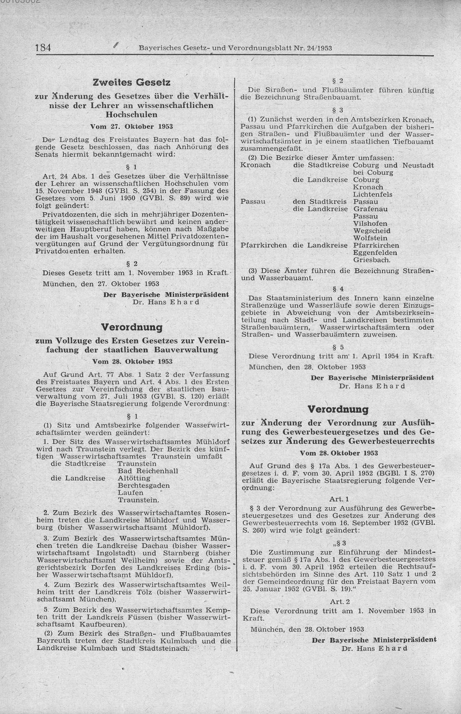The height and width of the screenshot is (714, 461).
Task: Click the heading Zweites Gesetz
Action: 131,83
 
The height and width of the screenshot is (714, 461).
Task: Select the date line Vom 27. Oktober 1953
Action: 131,126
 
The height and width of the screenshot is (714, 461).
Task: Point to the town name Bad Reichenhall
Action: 148,471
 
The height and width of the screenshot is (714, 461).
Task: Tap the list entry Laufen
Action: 130,493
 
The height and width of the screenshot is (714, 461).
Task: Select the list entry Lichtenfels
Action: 372,195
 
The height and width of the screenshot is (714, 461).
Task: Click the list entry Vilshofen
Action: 369,224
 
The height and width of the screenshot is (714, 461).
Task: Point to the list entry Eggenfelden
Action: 374,253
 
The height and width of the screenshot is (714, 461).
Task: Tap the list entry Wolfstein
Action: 370,238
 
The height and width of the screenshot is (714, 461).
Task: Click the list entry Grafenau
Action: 370,209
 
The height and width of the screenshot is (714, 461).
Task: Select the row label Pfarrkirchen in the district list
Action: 263,245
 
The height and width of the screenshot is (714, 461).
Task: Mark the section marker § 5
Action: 341,347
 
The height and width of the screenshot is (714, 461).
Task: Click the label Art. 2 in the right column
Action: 340,601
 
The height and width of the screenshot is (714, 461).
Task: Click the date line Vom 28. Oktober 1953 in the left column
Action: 131,361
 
